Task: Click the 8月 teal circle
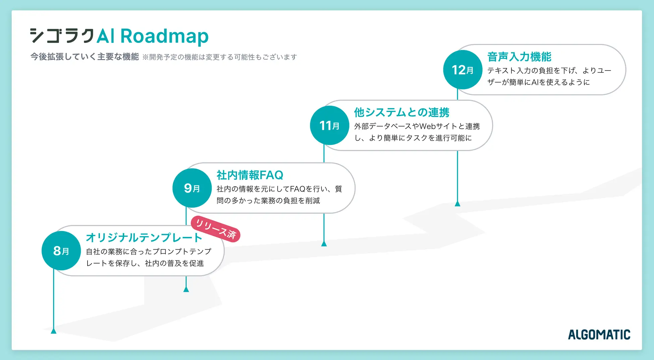[61, 251]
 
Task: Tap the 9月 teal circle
[192, 188]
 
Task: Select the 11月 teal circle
[329, 125]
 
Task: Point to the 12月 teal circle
[462, 70]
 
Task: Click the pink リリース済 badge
[216, 229]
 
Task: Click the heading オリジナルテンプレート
[144, 238]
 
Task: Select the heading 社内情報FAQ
[250, 175]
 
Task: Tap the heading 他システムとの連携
[401, 112]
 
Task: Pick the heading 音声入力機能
[519, 57]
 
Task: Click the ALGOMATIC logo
[599, 335]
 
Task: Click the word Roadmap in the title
[164, 36]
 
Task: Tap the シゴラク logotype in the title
[62, 36]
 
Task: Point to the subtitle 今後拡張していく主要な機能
[85, 57]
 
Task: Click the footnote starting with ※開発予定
[220, 57]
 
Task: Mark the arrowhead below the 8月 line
[53, 331]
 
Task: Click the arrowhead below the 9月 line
[186, 289]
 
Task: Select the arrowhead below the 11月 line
[324, 244]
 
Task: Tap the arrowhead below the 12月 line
[457, 203]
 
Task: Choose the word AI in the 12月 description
[535, 82]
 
